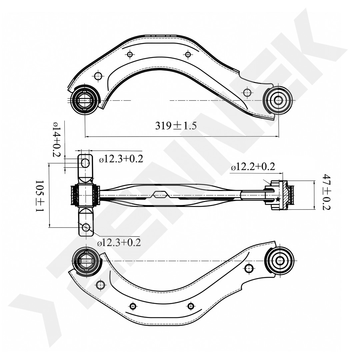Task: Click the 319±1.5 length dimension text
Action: pos(176,126)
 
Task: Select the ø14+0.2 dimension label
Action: pos(56,139)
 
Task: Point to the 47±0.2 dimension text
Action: pos(326,192)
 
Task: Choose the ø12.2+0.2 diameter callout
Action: pos(253,167)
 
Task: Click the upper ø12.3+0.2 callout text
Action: pos(121,159)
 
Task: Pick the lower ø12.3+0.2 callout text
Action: pos(119,242)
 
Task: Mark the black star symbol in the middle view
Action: pos(278,199)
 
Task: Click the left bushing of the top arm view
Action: pos(85,100)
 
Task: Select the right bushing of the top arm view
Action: pos(278,100)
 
